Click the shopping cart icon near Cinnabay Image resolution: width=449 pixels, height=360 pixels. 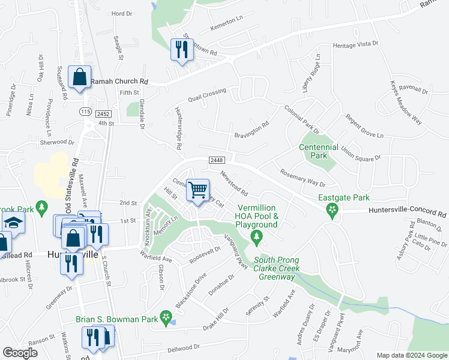coord(197,190)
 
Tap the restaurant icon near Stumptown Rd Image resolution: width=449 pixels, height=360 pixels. coord(181,49)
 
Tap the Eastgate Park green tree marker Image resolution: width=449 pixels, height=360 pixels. coord(331,209)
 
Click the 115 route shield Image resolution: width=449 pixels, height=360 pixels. coord(85,112)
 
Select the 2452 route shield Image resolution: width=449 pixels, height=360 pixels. coord(102,112)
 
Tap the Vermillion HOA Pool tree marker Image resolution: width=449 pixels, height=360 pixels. coord(258,238)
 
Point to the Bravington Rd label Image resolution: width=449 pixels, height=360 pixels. coord(251,128)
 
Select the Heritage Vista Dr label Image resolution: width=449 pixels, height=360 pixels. coord(356,45)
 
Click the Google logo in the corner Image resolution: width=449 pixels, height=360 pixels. coord(20,353)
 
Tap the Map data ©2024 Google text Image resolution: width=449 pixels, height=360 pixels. coord(411,355)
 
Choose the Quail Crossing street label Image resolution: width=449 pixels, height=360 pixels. coord(206,94)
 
